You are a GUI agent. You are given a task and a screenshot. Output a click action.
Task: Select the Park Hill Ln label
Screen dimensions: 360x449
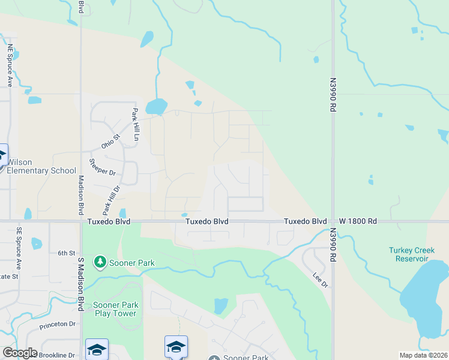(136, 124)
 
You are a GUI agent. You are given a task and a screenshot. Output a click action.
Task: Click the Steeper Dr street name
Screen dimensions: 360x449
(101, 167)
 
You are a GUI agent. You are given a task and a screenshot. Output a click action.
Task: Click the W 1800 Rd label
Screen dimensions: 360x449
(358, 221)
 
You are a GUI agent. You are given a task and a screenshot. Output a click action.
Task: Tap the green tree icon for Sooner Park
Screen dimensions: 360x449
(99, 262)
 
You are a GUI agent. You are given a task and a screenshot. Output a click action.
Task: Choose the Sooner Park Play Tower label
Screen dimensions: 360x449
(115, 309)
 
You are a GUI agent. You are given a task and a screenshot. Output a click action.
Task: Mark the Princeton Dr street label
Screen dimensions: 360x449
(58, 325)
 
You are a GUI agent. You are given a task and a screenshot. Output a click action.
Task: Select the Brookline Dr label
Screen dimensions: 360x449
(57, 355)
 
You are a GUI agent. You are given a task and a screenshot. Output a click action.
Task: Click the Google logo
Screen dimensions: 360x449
(20, 352)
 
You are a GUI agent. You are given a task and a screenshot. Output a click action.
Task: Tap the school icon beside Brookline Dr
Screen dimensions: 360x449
(97, 349)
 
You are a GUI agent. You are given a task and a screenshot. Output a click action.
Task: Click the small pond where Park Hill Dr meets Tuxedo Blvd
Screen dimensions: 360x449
(122, 213)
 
